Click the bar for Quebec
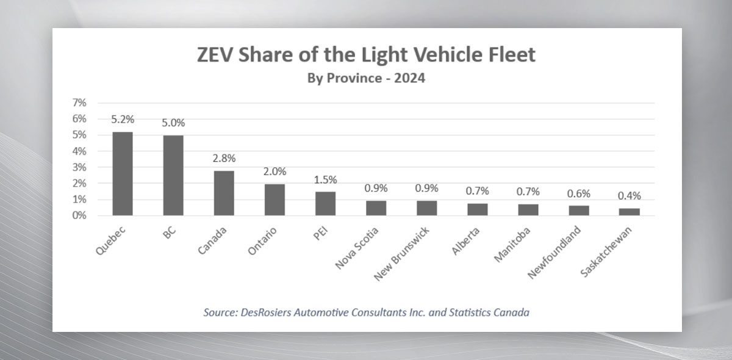tap(123, 174)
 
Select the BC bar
tap(173, 176)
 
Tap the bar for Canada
tap(224, 193)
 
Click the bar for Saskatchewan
tap(630, 212)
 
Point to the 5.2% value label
tap(123, 119)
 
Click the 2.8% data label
tap(224, 158)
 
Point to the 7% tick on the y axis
tap(80, 103)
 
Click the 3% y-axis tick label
tap(80, 167)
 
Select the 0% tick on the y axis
tap(80, 215)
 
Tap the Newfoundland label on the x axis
tap(554, 249)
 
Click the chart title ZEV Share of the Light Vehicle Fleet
tap(366, 55)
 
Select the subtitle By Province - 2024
tap(366, 79)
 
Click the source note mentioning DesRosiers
tap(366, 312)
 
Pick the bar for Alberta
tap(477, 209)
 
